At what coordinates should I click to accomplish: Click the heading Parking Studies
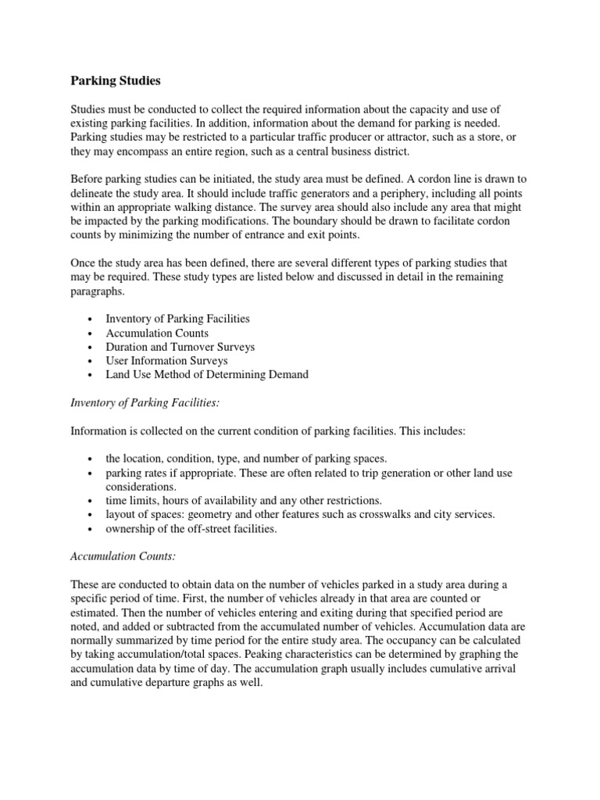[115, 80]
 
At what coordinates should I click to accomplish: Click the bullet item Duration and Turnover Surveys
[180, 346]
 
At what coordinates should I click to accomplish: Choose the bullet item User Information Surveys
[167, 360]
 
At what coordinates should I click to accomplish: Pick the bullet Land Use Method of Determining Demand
[207, 374]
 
